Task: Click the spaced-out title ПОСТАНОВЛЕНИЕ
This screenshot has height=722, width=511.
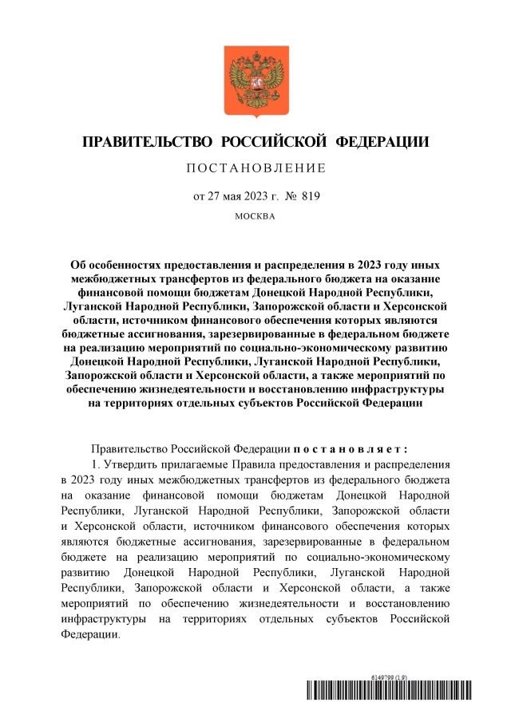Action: point(255,168)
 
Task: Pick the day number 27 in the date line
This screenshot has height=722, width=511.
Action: point(214,195)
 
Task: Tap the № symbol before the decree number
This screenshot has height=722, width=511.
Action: point(291,195)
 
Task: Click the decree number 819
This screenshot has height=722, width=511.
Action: point(311,195)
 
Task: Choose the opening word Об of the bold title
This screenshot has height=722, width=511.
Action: point(78,263)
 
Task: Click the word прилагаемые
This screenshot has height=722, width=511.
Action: point(196,464)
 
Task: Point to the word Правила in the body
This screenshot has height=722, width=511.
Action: point(260,464)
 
